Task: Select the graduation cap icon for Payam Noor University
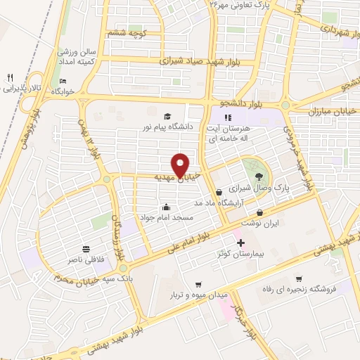pos(167,117)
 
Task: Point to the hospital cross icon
pos(240,242)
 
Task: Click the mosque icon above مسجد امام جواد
pos(165,207)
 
